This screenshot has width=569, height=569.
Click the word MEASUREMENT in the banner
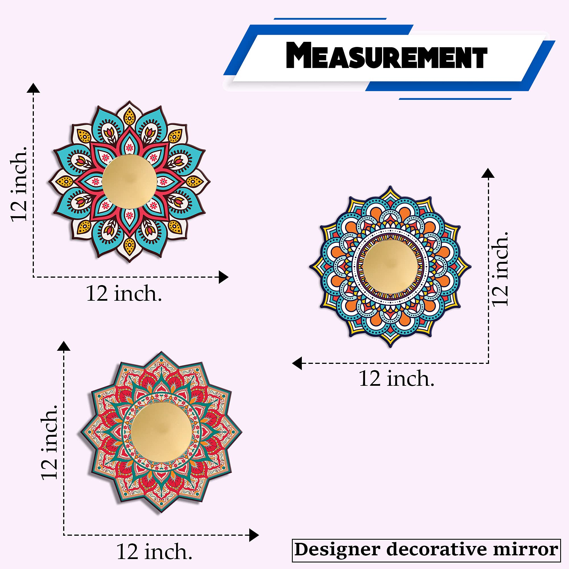[x=386, y=56]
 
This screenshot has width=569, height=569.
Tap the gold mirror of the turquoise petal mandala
[x=129, y=182]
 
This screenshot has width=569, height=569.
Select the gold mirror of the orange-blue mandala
[x=390, y=267]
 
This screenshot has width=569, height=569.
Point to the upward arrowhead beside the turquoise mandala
[x=33, y=88]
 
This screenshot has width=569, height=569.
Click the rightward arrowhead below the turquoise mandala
[x=224, y=277]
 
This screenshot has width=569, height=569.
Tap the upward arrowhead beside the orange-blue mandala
[x=488, y=174]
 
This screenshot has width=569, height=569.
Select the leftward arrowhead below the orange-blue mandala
[x=297, y=363]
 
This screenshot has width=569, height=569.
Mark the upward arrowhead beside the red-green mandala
[x=64, y=346]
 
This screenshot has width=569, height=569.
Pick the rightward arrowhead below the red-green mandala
[x=253, y=535]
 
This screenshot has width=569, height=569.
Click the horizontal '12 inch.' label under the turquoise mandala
[x=124, y=294]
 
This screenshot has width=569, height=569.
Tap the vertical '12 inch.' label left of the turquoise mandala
[x=19, y=184]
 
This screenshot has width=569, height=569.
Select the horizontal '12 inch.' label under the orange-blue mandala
[x=396, y=379]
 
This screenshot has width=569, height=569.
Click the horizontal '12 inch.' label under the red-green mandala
[x=154, y=552]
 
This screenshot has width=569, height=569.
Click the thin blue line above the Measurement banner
[x=330, y=19]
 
